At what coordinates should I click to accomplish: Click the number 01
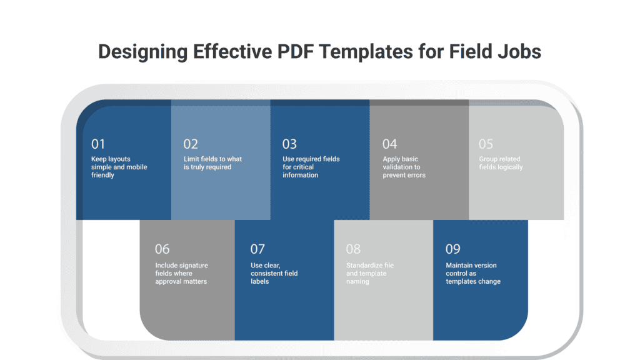coord(98,144)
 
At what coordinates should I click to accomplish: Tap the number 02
coord(191,144)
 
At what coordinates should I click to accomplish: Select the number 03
coord(289,144)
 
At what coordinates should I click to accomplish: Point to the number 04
coord(389,144)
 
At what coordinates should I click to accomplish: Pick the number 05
coord(486,144)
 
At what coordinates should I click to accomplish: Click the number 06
coord(162,249)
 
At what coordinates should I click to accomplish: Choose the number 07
coord(257,249)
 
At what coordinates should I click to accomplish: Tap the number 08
coord(353,249)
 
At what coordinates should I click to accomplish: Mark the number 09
coord(452,249)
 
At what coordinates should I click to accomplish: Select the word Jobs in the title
coord(519,51)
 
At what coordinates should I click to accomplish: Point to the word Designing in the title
coord(143,52)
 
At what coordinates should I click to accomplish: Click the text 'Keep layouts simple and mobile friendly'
coord(119,167)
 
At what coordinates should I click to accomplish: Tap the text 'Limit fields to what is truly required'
coord(212,163)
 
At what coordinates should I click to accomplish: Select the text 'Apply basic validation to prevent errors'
coord(404,167)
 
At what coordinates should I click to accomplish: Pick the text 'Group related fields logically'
coord(501,163)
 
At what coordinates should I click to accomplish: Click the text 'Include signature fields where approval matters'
coord(182,274)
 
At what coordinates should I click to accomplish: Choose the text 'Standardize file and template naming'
coord(370,274)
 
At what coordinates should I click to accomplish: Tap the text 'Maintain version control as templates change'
coord(473,274)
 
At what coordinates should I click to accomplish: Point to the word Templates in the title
coord(366,52)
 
